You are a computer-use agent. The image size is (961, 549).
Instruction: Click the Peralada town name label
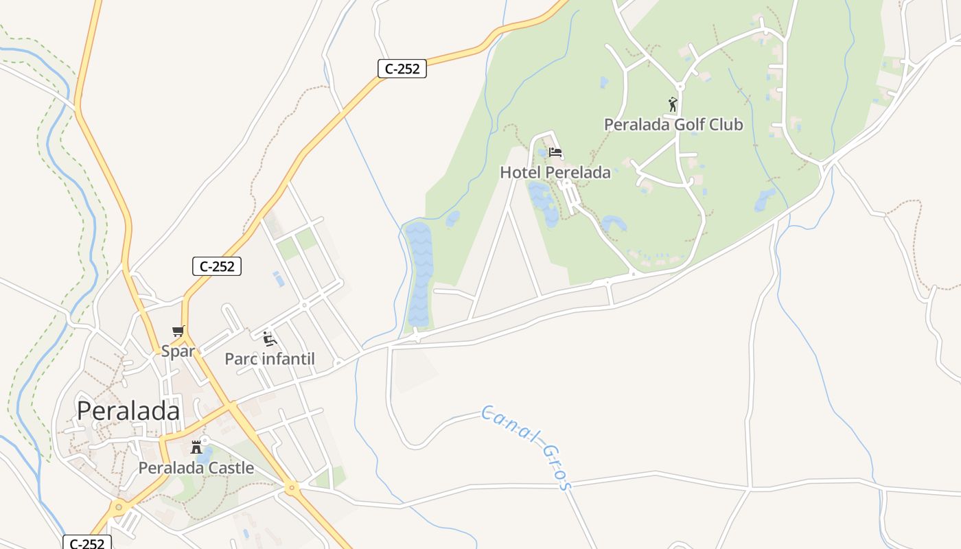coord(128,410)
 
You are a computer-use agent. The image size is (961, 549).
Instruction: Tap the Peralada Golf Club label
coord(673,124)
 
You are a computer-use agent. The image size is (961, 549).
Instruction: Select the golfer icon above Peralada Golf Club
coord(673,104)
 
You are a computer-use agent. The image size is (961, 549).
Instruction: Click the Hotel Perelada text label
coord(555,172)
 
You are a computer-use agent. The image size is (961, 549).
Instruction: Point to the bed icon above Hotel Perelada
coord(555,152)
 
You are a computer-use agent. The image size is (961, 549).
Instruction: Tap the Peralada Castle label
coord(196,468)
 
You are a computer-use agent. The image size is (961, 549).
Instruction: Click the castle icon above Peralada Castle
coord(196,447)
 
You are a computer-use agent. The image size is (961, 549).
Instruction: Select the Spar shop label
coord(178,351)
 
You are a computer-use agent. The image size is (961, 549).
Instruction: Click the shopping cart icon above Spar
coord(178,331)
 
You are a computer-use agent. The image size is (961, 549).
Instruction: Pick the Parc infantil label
coord(269,359)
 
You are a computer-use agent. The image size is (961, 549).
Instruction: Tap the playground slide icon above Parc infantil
coord(270,338)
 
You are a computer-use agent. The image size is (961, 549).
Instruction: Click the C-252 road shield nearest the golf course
coord(402,69)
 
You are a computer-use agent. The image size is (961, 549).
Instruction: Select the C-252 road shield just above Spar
coord(217,266)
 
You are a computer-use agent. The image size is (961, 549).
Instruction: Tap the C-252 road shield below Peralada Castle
coord(87,543)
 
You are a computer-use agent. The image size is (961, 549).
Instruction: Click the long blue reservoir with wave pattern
coord(418,274)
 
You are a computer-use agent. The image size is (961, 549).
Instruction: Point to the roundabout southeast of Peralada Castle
coord(292,488)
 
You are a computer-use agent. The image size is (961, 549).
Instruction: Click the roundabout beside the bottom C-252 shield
coord(119,508)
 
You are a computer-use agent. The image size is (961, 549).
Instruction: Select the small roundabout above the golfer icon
coord(680,86)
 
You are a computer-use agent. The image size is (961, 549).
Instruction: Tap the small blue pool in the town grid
coord(278,279)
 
